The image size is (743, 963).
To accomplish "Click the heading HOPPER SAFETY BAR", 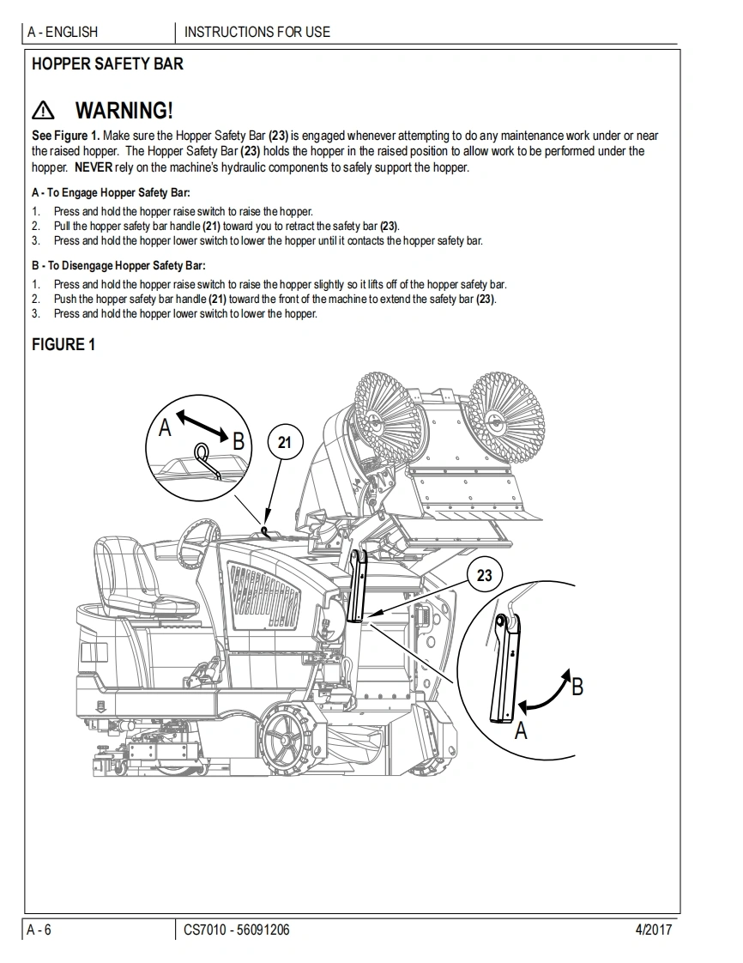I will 107,64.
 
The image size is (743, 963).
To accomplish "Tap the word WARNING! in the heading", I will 124,111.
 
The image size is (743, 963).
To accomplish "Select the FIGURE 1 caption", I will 63,345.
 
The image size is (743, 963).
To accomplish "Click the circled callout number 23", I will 485,575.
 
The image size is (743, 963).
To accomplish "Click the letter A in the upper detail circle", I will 166,427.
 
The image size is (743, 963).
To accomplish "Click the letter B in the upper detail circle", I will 239,441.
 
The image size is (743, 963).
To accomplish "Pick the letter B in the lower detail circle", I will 577,687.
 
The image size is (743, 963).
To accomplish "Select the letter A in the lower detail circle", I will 521,731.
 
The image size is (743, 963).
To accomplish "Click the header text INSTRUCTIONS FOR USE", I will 257,33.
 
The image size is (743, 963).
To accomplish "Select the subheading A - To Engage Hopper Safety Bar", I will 111,193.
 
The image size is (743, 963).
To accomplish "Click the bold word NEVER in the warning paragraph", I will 93,167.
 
